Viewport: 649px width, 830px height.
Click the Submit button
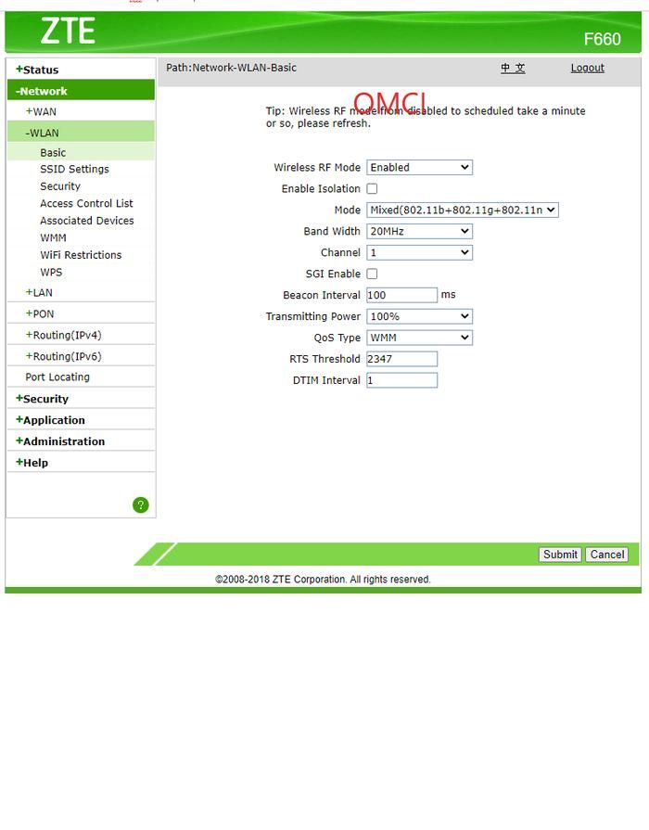click(x=560, y=555)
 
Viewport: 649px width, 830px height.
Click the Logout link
click(x=587, y=68)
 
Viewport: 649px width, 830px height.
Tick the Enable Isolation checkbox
click(x=372, y=189)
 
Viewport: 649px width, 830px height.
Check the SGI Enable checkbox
click(x=372, y=275)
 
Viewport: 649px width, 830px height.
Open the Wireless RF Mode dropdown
click(x=419, y=168)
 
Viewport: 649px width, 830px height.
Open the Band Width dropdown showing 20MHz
click(x=419, y=232)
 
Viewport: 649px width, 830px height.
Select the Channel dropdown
click(x=419, y=253)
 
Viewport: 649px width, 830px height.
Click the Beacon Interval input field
click(x=401, y=295)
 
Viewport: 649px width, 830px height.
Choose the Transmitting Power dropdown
click(x=419, y=316)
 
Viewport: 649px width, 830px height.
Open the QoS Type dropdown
click(x=419, y=338)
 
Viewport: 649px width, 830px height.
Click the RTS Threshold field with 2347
click(x=401, y=359)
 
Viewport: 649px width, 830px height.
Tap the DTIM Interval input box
click(x=401, y=380)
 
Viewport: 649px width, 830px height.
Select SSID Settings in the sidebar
click(x=74, y=170)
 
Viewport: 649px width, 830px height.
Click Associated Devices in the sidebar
click(x=86, y=221)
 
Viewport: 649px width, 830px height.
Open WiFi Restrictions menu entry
click(x=81, y=255)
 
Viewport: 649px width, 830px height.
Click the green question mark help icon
click(x=141, y=505)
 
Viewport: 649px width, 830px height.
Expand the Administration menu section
click(x=63, y=441)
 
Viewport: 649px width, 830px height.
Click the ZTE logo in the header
click(x=68, y=31)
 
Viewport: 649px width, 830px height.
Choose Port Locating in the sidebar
click(x=57, y=377)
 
